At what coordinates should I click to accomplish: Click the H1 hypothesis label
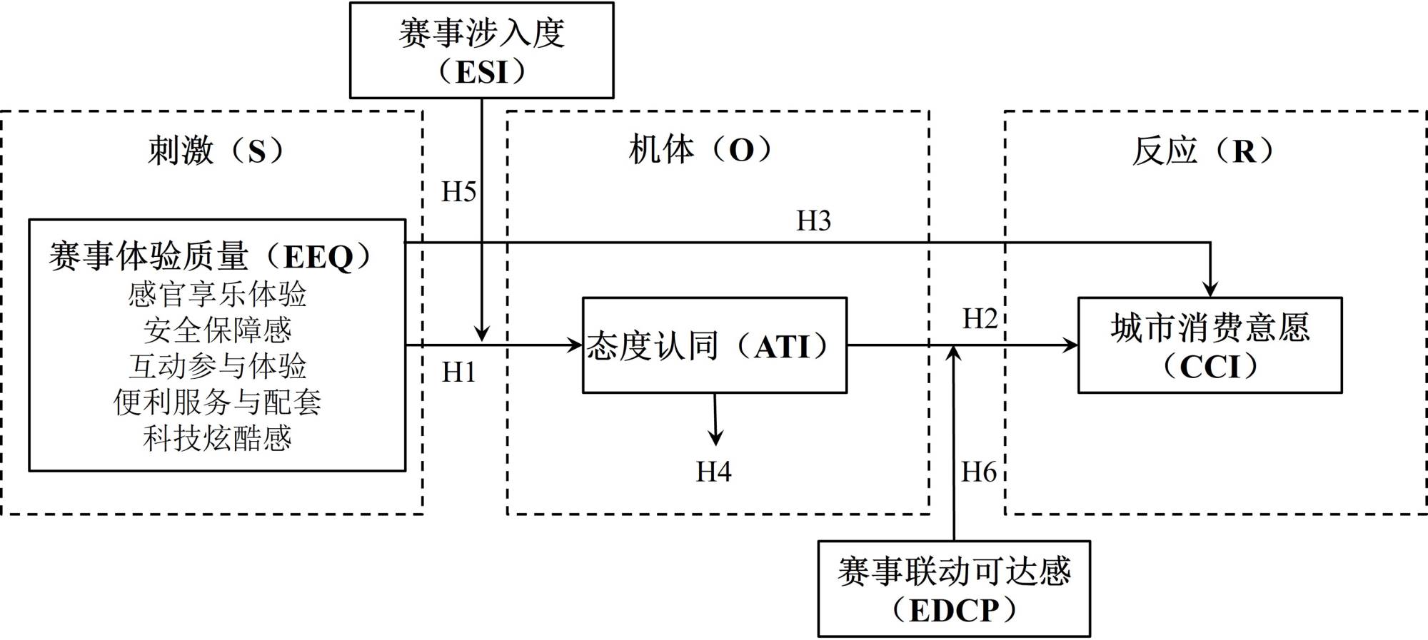pyautogui.click(x=458, y=372)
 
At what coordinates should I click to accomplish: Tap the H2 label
pyautogui.click(x=980, y=319)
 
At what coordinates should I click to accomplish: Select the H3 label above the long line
pyautogui.click(x=813, y=221)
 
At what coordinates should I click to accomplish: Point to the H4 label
pyautogui.click(x=713, y=472)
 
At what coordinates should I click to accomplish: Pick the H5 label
pyautogui.click(x=458, y=192)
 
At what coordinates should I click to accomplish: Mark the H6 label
pyautogui.click(x=978, y=472)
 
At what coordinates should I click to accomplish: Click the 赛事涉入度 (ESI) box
pyautogui.click(x=481, y=51)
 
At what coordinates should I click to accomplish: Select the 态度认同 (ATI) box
pyautogui.click(x=715, y=345)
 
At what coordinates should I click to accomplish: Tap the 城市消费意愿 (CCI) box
pyautogui.click(x=1210, y=345)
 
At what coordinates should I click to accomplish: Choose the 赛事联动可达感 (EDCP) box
pyautogui.click(x=954, y=589)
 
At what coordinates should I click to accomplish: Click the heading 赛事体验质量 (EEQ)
pyautogui.click(x=211, y=257)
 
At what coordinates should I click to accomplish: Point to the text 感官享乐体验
pyautogui.click(x=217, y=295)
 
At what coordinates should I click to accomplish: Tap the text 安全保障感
pyautogui.click(x=217, y=330)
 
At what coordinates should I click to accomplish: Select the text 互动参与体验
pyautogui.click(x=217, y=366)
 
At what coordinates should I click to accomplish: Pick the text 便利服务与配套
pyautogui.click(x=217, y=402)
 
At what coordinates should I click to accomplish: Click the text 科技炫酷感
pyautogui.click(x=217, y=438)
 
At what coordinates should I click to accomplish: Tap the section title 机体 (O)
pyautogui.click(x=700, y=150)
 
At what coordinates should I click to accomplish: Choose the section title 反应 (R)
pyautogui.click(x=1203, y=151)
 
